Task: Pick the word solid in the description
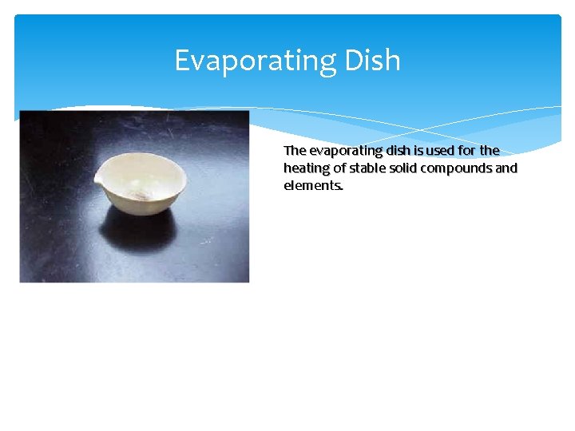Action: coord(404,168)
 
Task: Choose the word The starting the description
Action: coord(295,151)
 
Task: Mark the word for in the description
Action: coord(469,151)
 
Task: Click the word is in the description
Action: coord(419,151)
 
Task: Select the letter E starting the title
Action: coord(182,60)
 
